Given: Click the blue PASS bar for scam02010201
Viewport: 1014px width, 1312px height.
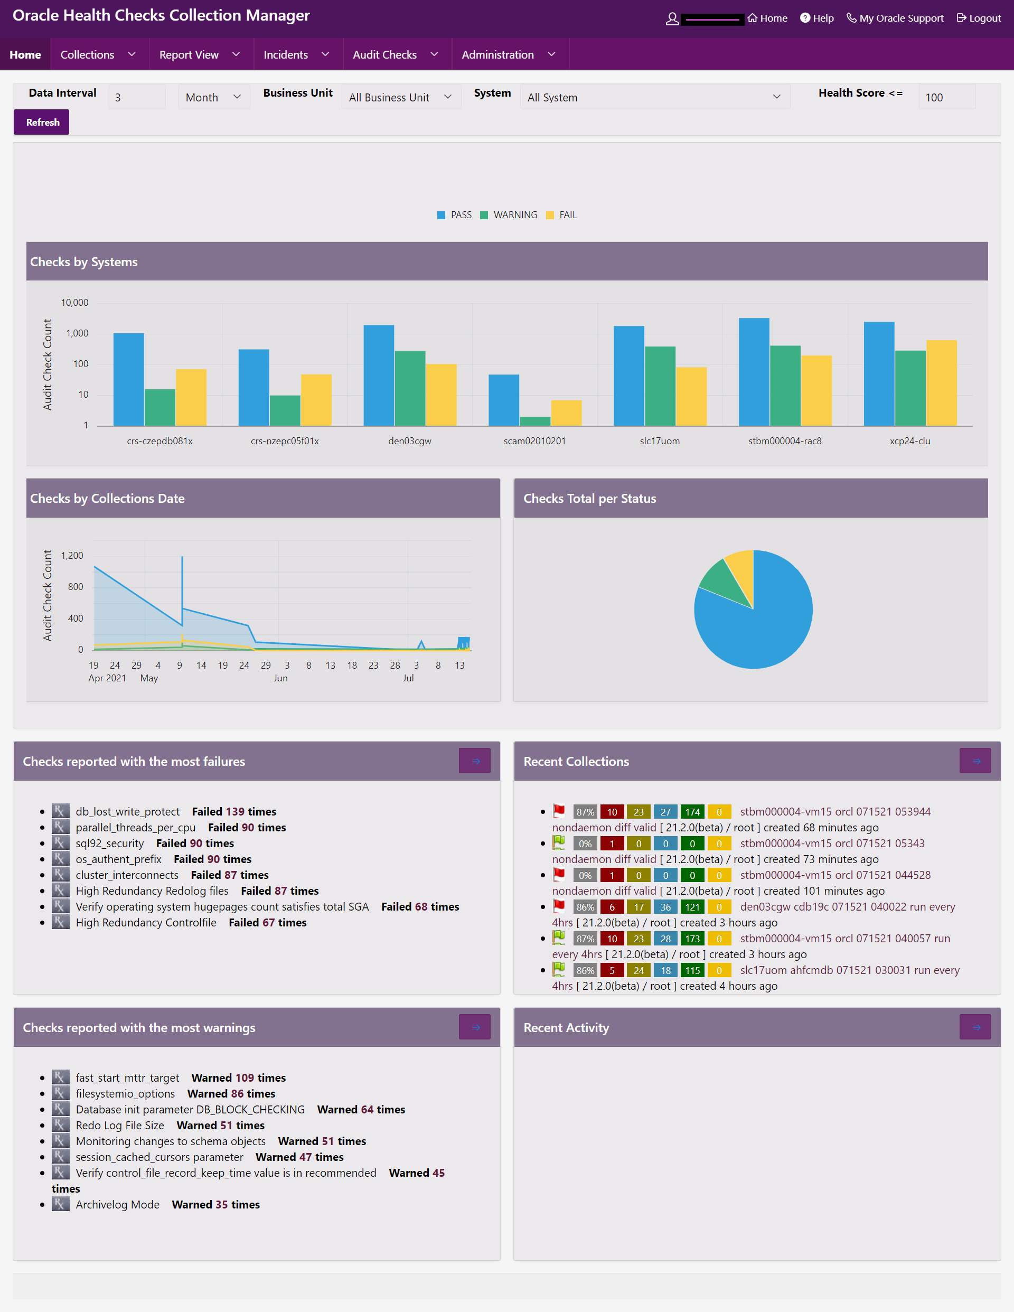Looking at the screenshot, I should tap(503, 399).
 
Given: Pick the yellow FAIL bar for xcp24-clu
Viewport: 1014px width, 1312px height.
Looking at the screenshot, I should tap(941, 382).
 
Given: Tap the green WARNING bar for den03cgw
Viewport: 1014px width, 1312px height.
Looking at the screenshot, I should tap(410, 388).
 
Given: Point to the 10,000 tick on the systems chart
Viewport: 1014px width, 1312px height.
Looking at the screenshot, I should tap(74, 303).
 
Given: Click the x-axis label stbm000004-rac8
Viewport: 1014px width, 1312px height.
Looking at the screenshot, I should tap(784, 441).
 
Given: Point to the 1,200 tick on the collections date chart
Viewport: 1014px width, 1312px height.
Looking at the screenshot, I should tap(72, 556).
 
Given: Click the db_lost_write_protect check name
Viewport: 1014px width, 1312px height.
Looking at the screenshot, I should tap(127, 812).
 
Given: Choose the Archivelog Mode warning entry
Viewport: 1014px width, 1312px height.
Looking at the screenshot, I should tap(118, 1204).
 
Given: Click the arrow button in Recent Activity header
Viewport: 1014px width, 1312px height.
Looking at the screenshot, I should tap(975, 1027).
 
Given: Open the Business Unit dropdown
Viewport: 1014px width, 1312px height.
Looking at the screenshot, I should tap(401, 97).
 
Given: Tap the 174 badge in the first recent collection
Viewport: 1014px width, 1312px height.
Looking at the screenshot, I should tap(692, 812).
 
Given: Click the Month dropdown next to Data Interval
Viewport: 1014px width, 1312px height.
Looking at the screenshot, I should tap(213, 97).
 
